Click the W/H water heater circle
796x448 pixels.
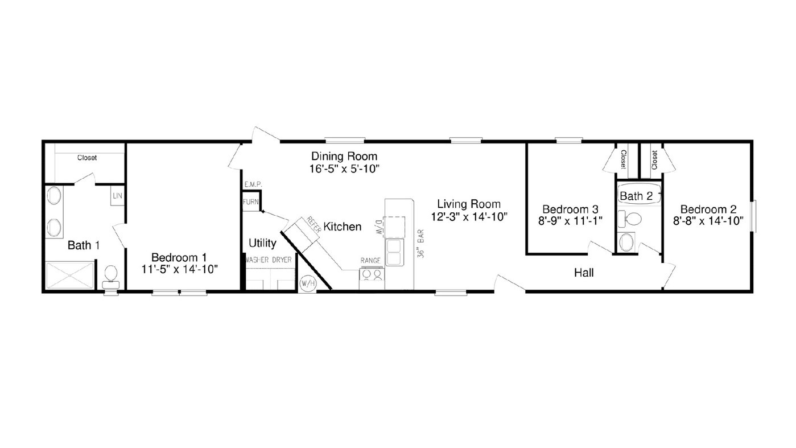(x=308, y=283)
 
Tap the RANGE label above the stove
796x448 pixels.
(x=370, y=261)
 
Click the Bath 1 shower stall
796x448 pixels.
(x=70, y=276)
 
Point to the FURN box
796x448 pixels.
(x=251, y=202)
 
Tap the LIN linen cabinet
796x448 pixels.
(x=117, y=196)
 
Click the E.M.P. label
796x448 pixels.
(x=253, y=184)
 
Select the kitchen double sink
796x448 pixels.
(x=395, y=252)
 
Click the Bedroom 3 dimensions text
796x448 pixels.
(x=570, y=221)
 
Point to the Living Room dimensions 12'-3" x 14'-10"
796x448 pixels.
(x=469, y=216)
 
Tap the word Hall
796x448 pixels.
(x=584, y=273)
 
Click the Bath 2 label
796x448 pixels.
(x=636, y=196)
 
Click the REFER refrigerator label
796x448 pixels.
(x=314, y=225)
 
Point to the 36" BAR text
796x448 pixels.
(x=420, y=244)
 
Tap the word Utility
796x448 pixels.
(x=263, y=243)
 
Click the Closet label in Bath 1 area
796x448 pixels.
(x=87, y=158)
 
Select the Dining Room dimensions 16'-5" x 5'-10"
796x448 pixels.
(x=344, y=169)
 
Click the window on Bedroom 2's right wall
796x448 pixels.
(x=754, y=216)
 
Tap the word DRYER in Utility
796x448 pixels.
(x=282, y=260)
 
